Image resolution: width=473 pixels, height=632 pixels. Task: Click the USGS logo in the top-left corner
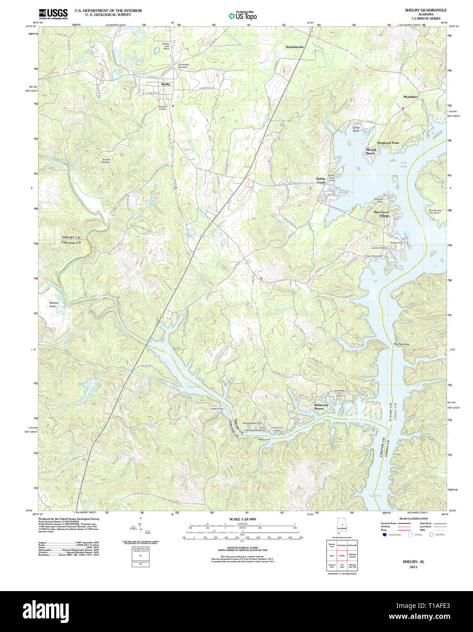click(x=53, y=13)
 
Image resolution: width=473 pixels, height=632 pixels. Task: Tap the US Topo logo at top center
click(x=243, y=16)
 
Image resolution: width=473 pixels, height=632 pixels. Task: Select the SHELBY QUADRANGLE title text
click(x=426, y=10)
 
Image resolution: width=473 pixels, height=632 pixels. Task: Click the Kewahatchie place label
click(x=295, y=47)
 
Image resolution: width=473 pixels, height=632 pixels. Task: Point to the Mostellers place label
click(x=410, y=97)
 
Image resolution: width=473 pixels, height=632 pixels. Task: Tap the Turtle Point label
click(x=356, y=129)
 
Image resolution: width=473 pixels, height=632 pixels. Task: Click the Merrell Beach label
click(x=371, y=151)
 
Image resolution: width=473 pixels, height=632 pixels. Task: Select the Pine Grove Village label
click(x=381, y=214)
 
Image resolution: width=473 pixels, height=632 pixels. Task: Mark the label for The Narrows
click(x=401, y=344)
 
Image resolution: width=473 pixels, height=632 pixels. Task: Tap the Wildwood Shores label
click(x=320, y=406)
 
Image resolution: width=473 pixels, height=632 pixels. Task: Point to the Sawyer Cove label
click(x=54, y=304)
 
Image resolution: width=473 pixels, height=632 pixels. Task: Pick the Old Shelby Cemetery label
click(x=183, y=66)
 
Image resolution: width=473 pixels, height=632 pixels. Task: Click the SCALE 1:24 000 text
click(x=243, y=519)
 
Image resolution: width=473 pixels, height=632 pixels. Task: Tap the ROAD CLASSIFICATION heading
click(x=413, y=519)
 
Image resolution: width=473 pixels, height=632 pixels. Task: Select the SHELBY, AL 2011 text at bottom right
click(x=413, y=564)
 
